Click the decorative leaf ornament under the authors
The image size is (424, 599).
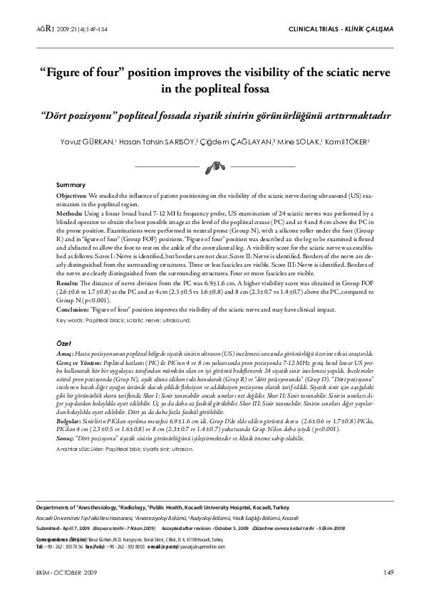[x=211, y=167]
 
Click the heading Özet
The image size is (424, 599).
[x=64, y=343]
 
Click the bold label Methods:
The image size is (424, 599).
[x=69, y=212]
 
